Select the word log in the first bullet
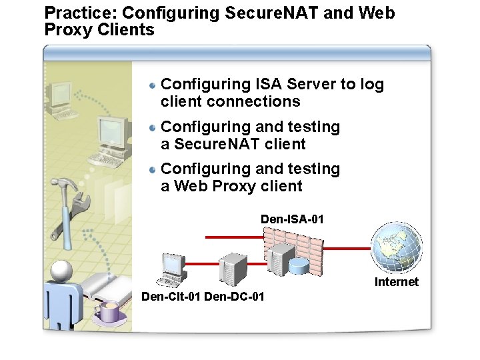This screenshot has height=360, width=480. pyautogui.click(x=372, y=84)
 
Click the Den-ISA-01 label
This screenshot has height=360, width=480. pyautogui.click(x=292, y=219)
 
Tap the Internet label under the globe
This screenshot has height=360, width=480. pyautogui.click(x=396, y=282)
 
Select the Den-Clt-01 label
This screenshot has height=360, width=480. pyautogui.click(x=171, y=296)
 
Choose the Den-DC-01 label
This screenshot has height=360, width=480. pyautogui.click(x=234, y=296)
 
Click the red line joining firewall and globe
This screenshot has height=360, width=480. pyautogui.click(x=346, y=248)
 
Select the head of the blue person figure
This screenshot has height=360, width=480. pyautogui.click(x=61, y=271)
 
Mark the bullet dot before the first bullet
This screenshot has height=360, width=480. pyautogui.click(x=153, y=85)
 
